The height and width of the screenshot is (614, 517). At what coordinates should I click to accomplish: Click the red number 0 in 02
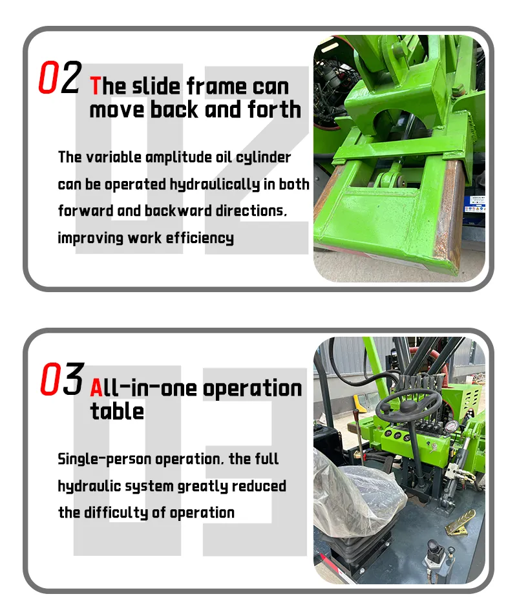pyautogui.click(x=47, y=77)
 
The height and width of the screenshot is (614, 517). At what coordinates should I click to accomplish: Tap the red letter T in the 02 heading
pyautogui.click(x=95, y=86)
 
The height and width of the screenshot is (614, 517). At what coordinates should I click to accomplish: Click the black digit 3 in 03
pyautogui.click(x=74, y=378)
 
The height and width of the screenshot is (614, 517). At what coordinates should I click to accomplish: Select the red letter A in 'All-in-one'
pyautogui.click(x=96, y=388)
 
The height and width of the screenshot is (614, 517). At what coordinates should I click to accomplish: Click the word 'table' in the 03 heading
pyautogui.click(x=117, y=411)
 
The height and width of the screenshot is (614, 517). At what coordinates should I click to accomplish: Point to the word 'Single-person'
pyautogui.click(x=105, y=460)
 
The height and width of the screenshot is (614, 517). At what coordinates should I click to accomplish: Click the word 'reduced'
pyautogui.click(x=259, y=486)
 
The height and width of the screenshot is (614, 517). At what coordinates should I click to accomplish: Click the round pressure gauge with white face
pyautogui.click(x=452, y=426)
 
